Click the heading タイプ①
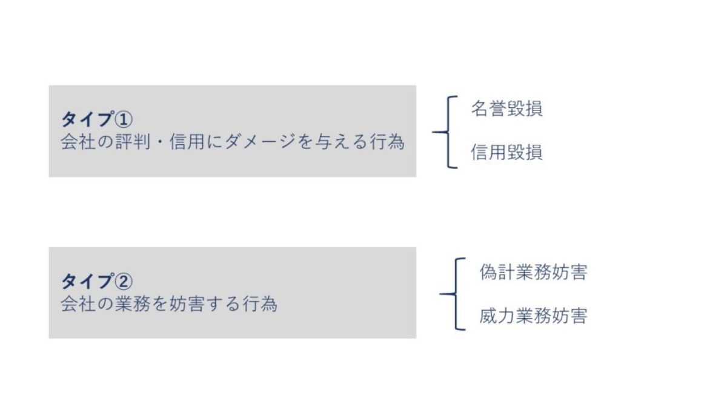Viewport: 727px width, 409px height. tap(97, 119)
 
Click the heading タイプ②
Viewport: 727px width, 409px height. tap(97, 281)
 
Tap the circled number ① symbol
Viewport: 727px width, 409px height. tap(124, 119)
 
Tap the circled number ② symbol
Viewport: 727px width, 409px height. tap(124, 281)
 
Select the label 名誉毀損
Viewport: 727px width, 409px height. tap(506, 108)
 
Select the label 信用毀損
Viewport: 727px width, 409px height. tap(506, 152)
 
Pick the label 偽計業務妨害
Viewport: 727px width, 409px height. tap(533, 271)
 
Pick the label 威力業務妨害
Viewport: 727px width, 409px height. tap(533, 316)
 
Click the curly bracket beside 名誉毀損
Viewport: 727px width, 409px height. tap(448, 132)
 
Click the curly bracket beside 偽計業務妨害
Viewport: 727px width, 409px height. tap(456, 294)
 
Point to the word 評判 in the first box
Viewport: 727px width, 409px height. tap(133, 142)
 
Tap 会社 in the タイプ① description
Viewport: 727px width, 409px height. tap(79, 142)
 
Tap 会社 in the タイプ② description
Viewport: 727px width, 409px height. tap(79, 304)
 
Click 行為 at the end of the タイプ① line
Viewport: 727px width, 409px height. tap(387, 142)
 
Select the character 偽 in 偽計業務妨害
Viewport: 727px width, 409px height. tap(488, 271)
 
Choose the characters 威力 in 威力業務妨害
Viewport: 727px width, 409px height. tap(497, 316)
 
